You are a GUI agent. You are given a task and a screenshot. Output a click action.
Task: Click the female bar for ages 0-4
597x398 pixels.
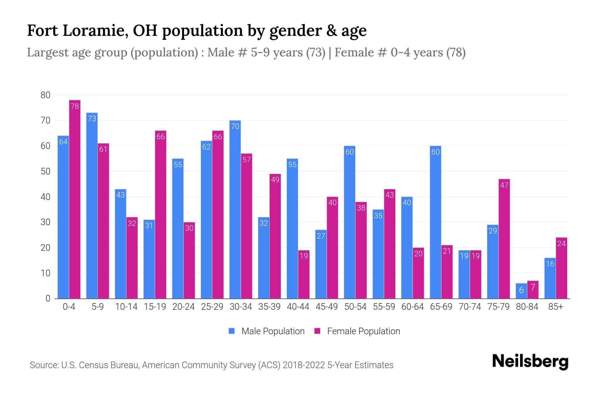[75, 199]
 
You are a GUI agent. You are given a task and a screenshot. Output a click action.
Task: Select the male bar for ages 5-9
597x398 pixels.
[92, 206]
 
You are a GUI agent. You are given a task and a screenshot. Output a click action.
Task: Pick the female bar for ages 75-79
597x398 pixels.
[504, 239]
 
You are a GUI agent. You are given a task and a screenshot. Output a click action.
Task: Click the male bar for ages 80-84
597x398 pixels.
[521, 291]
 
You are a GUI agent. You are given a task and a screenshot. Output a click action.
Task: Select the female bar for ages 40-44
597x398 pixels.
[304, 274]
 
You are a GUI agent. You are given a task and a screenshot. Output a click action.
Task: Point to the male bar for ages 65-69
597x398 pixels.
[435, 222]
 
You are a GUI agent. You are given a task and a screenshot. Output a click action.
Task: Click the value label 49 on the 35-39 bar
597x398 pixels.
[275, 180]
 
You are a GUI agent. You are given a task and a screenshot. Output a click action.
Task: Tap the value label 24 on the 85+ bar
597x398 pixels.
[562, 244]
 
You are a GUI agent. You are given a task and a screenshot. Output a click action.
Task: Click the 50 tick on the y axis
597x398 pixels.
[45, 171]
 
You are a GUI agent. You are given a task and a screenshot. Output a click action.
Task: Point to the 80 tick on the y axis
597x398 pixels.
[45, 95]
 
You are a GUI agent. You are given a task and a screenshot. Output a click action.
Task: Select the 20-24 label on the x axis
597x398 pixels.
[183, 307]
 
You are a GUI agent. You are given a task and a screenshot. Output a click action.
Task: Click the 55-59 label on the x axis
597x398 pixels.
[384, 307]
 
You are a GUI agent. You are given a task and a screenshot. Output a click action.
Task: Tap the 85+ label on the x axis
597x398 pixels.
[556, 307]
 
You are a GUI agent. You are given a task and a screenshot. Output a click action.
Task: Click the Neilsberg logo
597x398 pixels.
[530, 361]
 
